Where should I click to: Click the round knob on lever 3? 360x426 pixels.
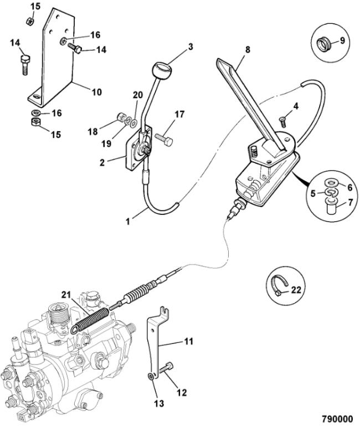[x=160, y=71]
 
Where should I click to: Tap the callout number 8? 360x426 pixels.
[x=248, y=50]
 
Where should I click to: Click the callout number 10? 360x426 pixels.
[x=96, y=92]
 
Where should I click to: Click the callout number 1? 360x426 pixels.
[x=128, y=220]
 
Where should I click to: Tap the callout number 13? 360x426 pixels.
[x=160, y=404]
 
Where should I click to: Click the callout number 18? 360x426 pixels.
[x=93, y=131]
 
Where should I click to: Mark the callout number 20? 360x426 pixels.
[x=138, y=94]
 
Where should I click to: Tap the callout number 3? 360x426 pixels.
[x=190, y=47]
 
